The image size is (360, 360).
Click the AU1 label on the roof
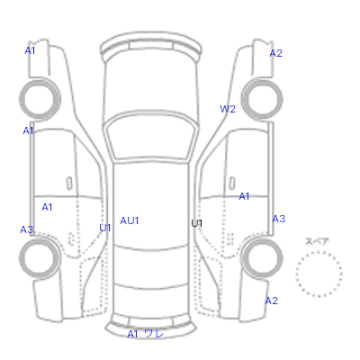coord(130,220)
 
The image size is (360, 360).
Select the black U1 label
coord(197,223)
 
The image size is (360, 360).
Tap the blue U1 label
coord(105,228)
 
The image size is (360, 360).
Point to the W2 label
coord(228,109)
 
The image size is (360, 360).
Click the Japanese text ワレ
coord(154,334)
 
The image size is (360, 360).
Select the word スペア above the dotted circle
coord(317,241)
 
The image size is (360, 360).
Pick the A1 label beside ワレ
coord(132,334)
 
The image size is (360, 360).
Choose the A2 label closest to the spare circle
coord(272,301)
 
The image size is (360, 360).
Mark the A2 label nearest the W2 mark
coord(276,53)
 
